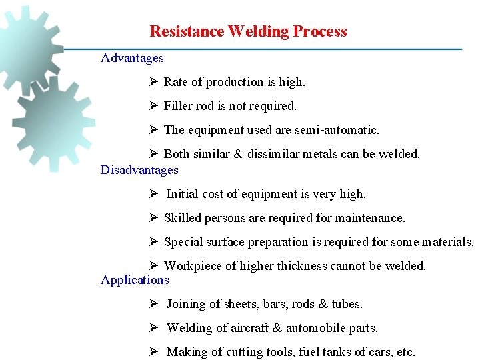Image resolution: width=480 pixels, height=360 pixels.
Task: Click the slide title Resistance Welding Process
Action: click(248, 31)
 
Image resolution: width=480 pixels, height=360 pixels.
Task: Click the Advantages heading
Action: click(132, 58)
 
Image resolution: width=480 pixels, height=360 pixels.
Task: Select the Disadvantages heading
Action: click(139, 170)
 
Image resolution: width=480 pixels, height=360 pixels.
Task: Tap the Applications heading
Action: click(135, 280)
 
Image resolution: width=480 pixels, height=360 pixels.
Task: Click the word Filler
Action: click(179, 106)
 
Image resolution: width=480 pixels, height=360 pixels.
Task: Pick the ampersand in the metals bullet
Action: click(239, 154)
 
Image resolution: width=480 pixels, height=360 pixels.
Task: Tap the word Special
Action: click(181, 242)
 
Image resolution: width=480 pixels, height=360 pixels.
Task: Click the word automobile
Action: click(314, 328)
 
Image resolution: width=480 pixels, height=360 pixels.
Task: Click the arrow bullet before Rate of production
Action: click(153, 82)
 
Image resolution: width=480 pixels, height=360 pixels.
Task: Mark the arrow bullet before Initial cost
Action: click(153, 194)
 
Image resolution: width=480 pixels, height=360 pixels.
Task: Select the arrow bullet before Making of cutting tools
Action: click(153, 352)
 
